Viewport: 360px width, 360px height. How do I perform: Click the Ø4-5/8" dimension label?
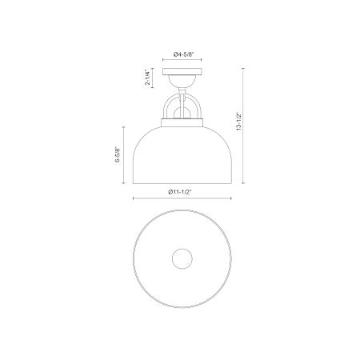point(182,54)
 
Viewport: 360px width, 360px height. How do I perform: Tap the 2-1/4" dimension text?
point(148,77)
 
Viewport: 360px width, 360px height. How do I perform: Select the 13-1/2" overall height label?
point(238,122)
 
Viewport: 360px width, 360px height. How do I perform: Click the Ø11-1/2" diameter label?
point(180,192)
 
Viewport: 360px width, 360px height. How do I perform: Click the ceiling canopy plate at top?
point(182,71)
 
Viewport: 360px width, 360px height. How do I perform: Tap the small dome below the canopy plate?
point(182,81)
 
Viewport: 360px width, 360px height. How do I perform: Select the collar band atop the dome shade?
point(182,122)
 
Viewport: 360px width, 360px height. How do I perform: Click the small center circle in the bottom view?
point(182,258)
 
